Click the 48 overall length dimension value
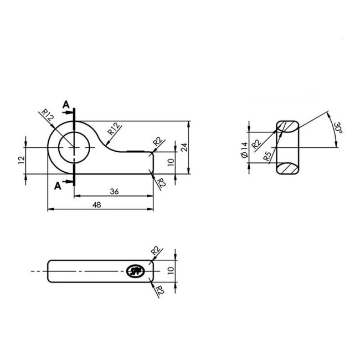97,204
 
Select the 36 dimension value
114,191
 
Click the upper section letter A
65,104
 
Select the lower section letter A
58,186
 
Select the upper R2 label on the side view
157,251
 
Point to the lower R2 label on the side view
159,290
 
